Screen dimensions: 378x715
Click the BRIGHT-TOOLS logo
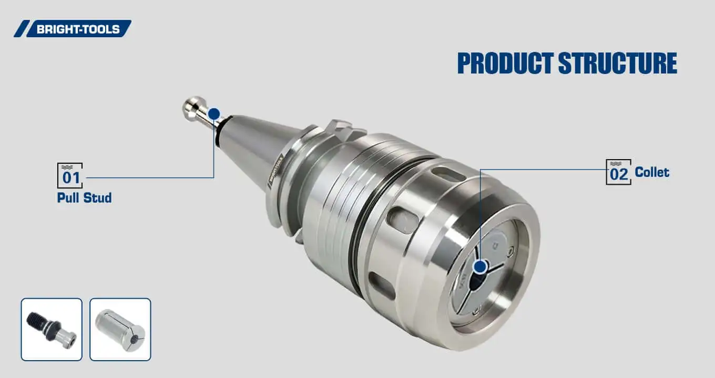point(74,29)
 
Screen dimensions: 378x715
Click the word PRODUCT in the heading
point(505,64)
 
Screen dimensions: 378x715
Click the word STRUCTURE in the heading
point(618,64)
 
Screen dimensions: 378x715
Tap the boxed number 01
point(70,176)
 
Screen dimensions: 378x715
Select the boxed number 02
point(619,173)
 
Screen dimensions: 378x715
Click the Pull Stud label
point(84,198)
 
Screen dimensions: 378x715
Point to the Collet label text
point(652,172)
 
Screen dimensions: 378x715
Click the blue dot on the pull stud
point(213,114)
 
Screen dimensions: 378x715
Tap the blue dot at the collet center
point(479,267)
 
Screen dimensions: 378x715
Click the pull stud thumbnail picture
point(52,329)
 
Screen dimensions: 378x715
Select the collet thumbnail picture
point(120,329)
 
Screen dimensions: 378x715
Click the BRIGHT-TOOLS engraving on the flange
point(275,169)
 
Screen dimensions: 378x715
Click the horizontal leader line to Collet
point(542,169)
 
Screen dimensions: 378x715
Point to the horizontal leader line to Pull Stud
point(147,177)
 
